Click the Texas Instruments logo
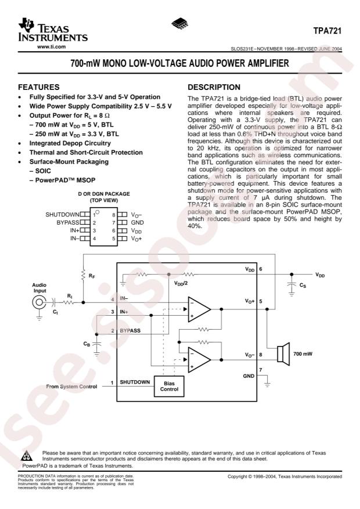pyautogui.click(x=53, y=30)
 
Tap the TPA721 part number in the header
pyautogui.click(x=327, y=31)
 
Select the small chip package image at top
pyautogui.click(x=180, y=24)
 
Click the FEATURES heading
pyautogui.click(x=39, y=87)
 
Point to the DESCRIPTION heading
pyautogui.click(x=214, y=87)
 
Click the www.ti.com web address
pyautogui.click(x=51, y=47)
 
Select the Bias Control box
pyautogui.click(x=169, y=387)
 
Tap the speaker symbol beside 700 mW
pyautogui.click(x=283, y=354)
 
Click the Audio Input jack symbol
pyautogui.click(x=39, y=302)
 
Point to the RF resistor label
pyautogui.click(x=92, y=276)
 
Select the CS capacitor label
pyautogui.click(x=303, y=286)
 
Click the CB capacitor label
pyautogui.click(x=87, y=344)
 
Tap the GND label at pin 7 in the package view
pyautogui.click(x=137, y=222)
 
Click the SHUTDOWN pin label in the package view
pyautogui.click(x=62, y=215)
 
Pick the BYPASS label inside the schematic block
pyautogui.click(x=130, y=330)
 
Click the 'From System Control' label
pyautogui.click(x=71, y=387)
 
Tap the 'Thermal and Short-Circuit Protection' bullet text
pyautogui.click(x=86, y=152)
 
